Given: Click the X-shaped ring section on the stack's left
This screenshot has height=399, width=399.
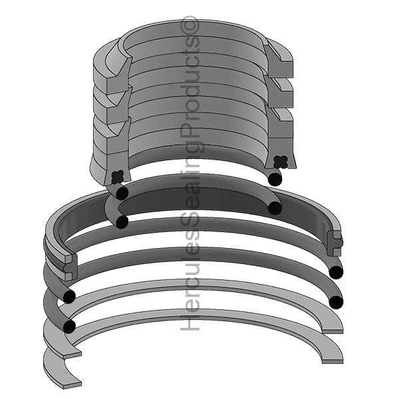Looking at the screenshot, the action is (x=118, y=177).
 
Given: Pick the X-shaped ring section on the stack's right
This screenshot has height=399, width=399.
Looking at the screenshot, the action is (x=281, y=162).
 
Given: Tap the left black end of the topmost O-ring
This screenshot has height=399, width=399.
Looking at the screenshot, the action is (x=122, y=194).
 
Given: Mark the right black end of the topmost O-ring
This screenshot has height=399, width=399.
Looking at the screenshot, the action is (x=275, y=179).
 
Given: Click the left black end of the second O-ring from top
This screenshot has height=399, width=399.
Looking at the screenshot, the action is (x=122, y=221).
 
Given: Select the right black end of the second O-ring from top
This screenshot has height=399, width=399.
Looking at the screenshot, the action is (x=275, y=208).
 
